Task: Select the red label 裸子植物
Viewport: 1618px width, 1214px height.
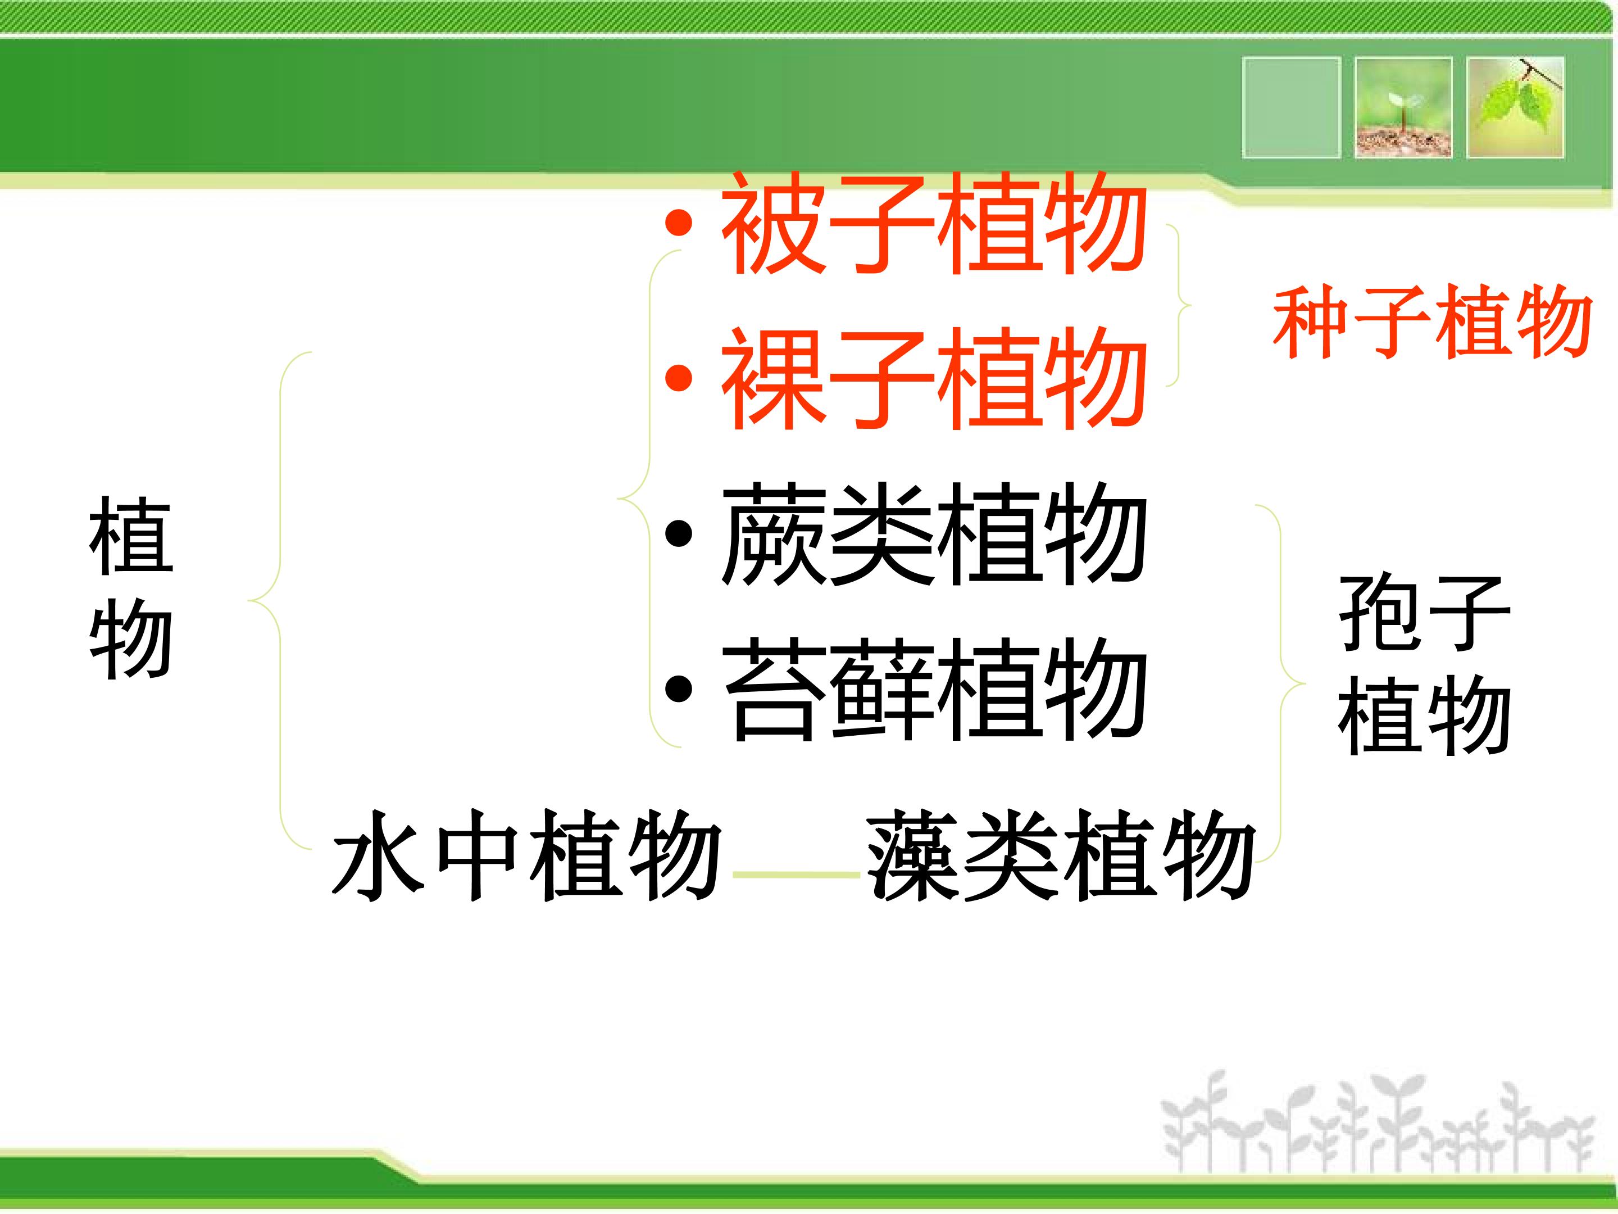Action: click(933, 378)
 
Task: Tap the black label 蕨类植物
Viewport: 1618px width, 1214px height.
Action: click(933, 533)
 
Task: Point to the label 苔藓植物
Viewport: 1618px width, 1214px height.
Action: click(933, 688)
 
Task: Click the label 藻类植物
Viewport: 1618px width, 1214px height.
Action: click(1061, 855)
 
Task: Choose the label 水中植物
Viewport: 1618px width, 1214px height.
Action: click(526, 855)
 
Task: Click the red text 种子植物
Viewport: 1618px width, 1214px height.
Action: click(1432, 322)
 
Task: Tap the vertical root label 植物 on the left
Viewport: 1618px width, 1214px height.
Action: click(131, 587)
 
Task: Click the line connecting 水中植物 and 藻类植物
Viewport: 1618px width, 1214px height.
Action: click(796, 875)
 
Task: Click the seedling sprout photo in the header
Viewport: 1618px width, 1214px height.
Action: click(1403, 107)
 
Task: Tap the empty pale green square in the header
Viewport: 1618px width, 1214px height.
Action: click(1291, 107)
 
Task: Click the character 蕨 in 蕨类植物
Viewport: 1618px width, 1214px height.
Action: click(772, 533)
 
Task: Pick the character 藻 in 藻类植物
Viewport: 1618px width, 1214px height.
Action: click(913, 855)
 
